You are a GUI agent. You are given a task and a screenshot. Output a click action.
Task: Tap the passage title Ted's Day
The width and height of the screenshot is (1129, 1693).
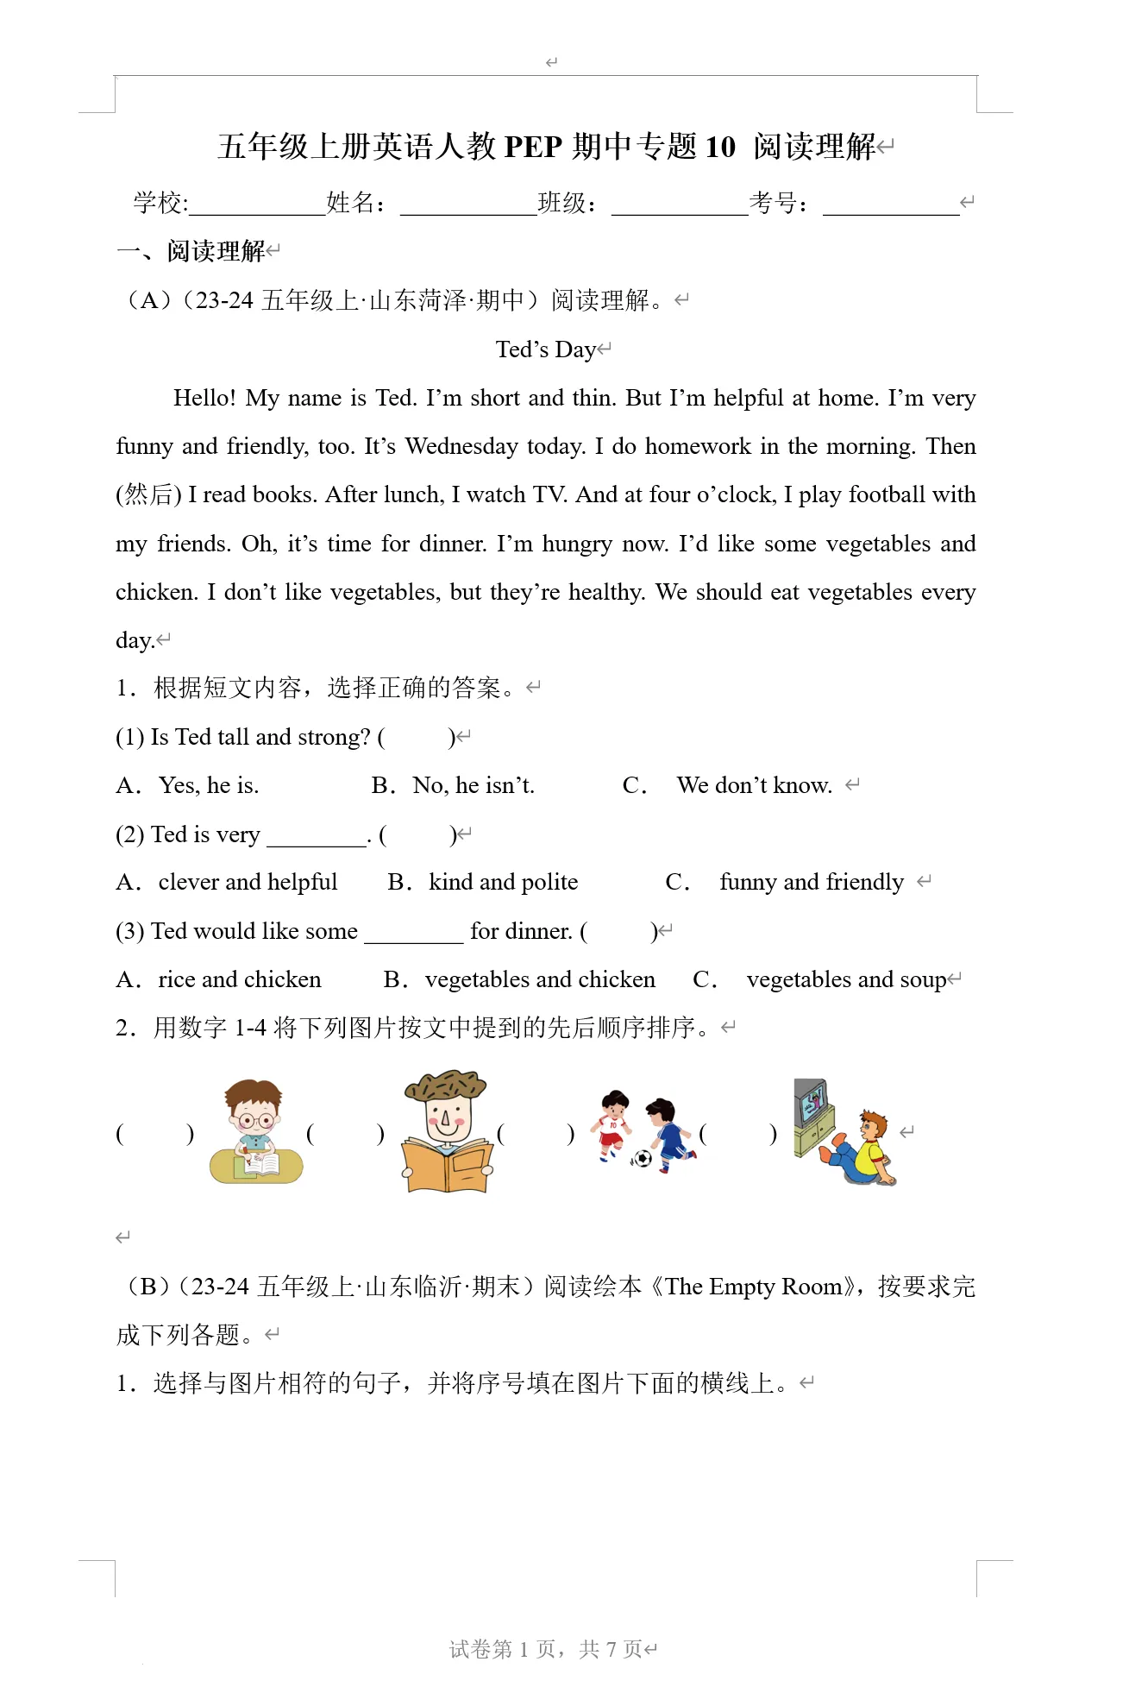tap(545, 349)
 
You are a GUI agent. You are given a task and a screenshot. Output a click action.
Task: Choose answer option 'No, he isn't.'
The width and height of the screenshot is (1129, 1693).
tap(474, 785)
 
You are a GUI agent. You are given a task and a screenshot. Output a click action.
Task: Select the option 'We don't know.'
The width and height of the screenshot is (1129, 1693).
tap(754, 785)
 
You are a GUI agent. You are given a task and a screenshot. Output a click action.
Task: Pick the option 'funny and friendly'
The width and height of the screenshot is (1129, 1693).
tap(812, 882)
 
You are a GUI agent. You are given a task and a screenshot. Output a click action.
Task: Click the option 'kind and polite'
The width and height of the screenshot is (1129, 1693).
tap(503, 882)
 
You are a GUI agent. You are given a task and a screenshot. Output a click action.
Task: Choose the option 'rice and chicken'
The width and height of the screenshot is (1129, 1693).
tap(239, 979)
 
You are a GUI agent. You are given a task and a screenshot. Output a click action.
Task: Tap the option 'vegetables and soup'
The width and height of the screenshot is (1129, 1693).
tap(846, 979)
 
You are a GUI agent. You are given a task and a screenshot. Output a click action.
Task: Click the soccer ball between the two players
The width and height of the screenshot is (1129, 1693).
tap(642, 1158)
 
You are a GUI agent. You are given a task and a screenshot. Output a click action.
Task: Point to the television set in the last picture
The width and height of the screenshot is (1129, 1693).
tap(812, 1104)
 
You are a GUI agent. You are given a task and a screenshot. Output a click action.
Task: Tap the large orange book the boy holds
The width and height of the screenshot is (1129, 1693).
tap(448, 1165)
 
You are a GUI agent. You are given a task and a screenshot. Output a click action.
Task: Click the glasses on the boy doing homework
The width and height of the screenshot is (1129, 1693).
tap(256, 1122)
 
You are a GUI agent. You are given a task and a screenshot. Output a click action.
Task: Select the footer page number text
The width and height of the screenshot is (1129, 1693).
tap(546, 1649)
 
